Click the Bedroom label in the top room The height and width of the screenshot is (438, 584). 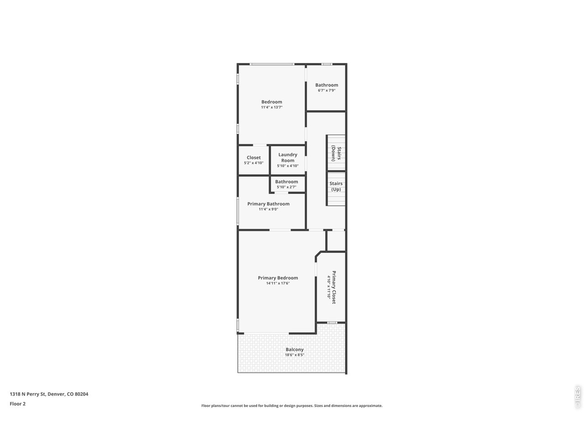[271, 102]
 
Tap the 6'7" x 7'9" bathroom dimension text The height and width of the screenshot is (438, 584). [327, 90]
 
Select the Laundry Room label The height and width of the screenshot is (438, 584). [287, 157]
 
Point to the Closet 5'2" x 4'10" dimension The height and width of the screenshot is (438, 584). [254, 163]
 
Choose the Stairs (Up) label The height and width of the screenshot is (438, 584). [336, 186]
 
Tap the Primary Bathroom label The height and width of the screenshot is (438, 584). [268, 204]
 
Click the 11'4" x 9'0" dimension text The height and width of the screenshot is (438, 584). [268, 209]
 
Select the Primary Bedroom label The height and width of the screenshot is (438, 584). [278, 278]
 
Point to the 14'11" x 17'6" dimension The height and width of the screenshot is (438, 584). [278, 283]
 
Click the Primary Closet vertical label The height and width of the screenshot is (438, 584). [334, 287]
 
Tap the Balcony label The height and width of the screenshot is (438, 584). [294, 349]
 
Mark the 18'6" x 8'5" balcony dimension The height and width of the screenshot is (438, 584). [294, 355]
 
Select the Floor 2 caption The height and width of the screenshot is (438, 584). [18, 404]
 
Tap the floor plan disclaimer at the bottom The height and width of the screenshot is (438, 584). [292, 406]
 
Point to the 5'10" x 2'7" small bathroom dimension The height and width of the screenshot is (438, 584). [287, 187]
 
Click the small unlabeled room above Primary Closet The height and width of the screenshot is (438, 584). [336, 240]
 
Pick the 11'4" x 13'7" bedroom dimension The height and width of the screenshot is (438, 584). [271, 107]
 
